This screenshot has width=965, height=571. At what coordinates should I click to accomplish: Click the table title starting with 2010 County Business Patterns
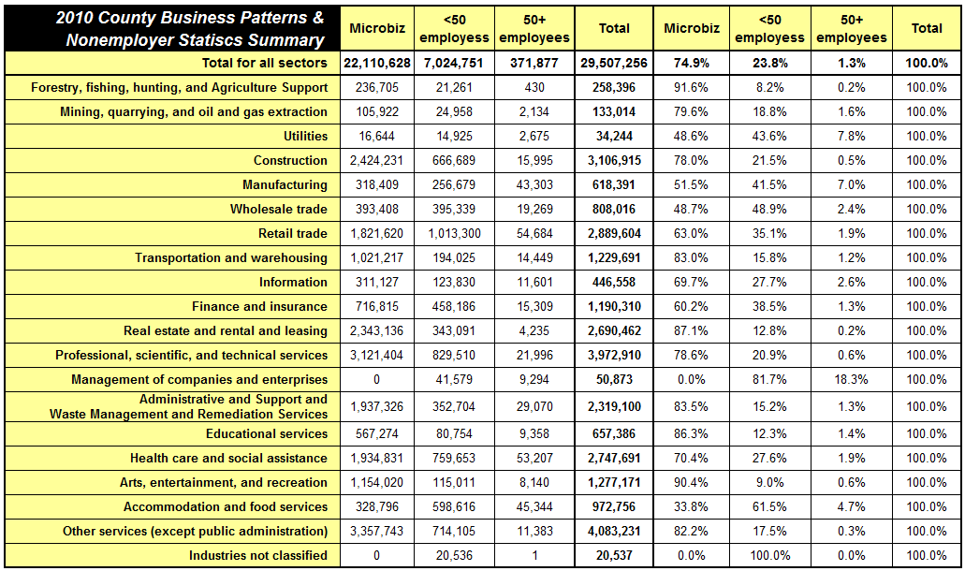click(x=190, y=29)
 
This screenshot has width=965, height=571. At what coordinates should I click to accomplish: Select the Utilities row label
click(x=305, y=136)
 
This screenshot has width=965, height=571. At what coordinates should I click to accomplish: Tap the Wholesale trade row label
click(x=279, y=209)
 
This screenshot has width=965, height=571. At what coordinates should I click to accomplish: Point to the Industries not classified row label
click(x=258, y=556)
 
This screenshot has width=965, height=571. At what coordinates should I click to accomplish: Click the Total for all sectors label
click(x=265, y=63)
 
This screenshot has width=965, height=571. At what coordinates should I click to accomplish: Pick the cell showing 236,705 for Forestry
click(x=376, y=87)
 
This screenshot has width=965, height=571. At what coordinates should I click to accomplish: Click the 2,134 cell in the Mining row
click(x=534, y=112)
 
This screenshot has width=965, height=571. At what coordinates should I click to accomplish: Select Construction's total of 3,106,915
click(x=614, y=161)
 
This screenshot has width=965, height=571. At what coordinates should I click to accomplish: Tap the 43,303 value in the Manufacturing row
click(x=534, y=184)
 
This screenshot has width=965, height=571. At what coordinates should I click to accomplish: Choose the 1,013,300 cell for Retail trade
click(x=454, y=234)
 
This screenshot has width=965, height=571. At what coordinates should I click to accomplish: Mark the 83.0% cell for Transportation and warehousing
click(x=691, y=257)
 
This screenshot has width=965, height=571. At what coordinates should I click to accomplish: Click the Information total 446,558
click(x=614, y=283)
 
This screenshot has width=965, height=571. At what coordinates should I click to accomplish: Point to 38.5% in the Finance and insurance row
click(x=769, y=306)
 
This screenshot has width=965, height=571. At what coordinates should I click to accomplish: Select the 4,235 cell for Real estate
click(x=534, y=331)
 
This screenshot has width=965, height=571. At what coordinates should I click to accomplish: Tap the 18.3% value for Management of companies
click(x=851, y=380)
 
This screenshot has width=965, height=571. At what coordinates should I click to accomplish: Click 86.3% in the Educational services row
click(x=691, y=433)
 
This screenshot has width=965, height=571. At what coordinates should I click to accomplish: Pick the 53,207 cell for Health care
click(x=534, y=459)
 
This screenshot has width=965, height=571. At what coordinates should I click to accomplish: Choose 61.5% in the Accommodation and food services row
click(x=769, y=507)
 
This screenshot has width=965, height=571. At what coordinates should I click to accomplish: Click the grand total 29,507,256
click(x=614, y=63)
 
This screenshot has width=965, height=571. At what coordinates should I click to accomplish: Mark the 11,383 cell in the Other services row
click(x=534, y=531)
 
